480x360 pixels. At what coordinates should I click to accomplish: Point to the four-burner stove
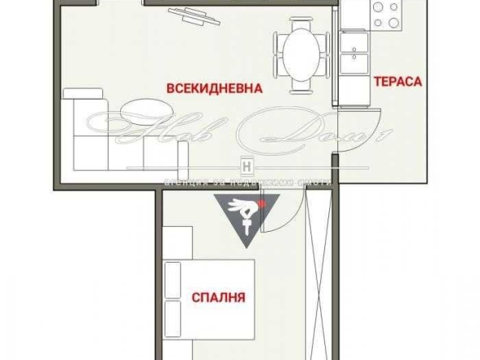tap(386, 14)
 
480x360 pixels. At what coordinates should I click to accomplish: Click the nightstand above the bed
tap(178, 242)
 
